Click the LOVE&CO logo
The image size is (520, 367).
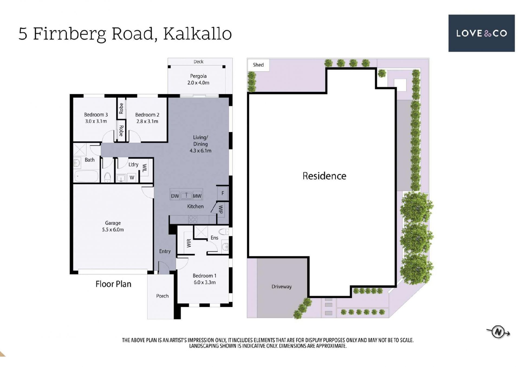point(481,33)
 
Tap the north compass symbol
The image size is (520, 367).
point(498,332)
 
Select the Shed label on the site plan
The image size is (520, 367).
point(258,65)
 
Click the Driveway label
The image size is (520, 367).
point(281,287)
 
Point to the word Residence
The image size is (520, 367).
point(324,176)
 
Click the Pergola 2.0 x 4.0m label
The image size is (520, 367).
point(198,79)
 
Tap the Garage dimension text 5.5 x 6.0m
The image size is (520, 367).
point(113,230)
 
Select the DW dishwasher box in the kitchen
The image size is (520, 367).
point(175,196)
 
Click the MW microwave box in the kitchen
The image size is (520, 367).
point(197,196)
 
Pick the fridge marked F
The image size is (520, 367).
point(223,193)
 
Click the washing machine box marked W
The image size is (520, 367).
point(132,178)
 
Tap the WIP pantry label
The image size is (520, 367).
point(221,209)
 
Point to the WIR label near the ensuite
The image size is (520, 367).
point(189,243)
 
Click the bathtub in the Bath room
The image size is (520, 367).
point(86,176)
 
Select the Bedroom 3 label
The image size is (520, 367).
point(96,115)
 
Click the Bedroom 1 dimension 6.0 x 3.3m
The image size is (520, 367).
point(204,283)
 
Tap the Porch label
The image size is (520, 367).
point(162,296)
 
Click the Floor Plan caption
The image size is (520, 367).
point(113,284)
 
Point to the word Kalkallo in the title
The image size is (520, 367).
point(197,34)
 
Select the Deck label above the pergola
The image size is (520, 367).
point(198,62)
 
